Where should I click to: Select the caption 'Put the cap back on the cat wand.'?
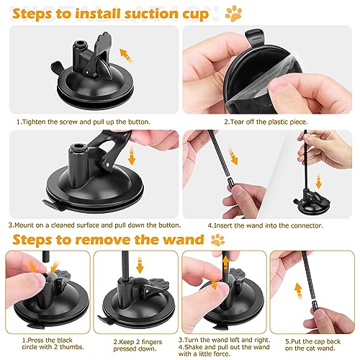tap(313, 346)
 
